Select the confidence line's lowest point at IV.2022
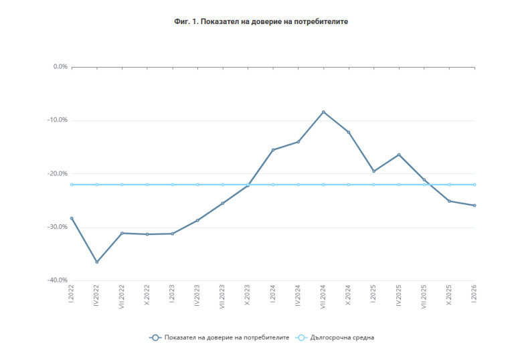click(x=97, y=262)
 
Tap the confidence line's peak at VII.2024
click(x=323, y=112)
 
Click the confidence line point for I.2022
click(x=72, y=218)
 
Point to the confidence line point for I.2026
click(x=475, y=205)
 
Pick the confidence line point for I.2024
click(x=273, y=150)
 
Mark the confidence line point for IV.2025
click(x=399, y=155)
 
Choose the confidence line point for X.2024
click(x=349, y=132)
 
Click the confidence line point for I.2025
click(x=373, y=171)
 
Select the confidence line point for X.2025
click(x=449, y=201)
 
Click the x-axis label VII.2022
click(x=122, y=296)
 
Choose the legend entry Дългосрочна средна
click(x=342, y=338)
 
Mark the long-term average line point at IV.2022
click(x=97, y=185)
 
